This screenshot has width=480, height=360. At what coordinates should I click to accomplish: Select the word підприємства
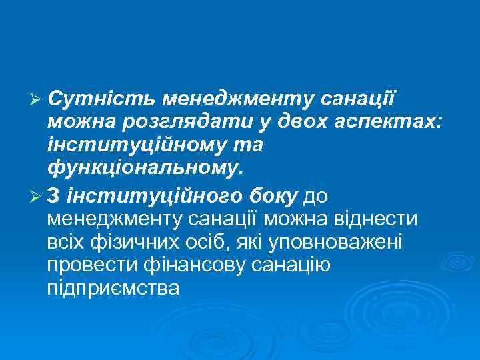point(114,289)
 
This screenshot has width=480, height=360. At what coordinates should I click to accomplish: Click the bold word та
point(250,145)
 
